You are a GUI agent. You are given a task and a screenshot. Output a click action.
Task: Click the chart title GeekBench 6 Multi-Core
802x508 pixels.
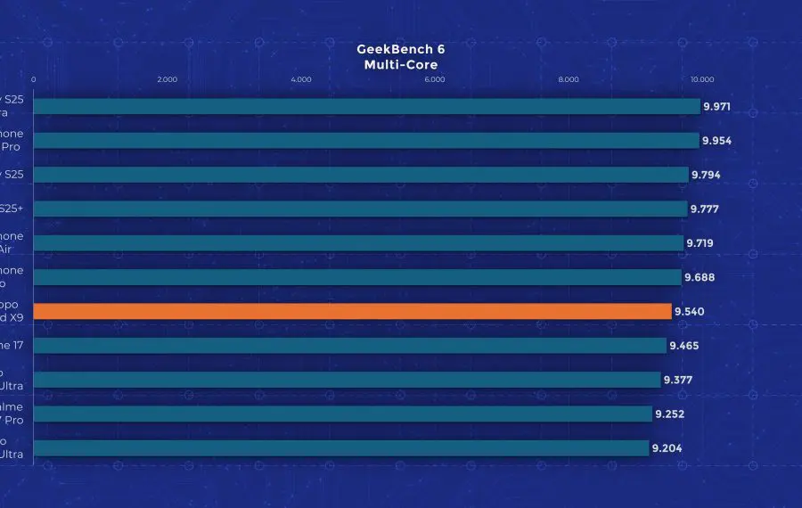coord(400,57)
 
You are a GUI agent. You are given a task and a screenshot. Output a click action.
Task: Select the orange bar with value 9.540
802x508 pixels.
coord(352,311)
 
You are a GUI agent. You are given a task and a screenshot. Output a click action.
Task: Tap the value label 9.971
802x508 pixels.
coord(717,107)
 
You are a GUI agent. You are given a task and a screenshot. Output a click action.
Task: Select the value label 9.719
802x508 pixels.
coord(700,243)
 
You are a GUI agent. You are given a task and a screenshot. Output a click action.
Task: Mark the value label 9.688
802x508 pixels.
coord(700,277)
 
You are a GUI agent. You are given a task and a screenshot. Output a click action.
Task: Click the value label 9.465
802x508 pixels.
coord(683,346)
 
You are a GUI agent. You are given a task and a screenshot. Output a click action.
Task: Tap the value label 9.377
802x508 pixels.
coord(678,380)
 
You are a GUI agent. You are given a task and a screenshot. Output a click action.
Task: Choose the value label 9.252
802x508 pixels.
coord(669,414)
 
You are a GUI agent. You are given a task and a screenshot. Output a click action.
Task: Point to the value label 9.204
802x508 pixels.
coord(667,448)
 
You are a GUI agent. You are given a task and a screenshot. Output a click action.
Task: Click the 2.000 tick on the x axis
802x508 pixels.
coord(167,79)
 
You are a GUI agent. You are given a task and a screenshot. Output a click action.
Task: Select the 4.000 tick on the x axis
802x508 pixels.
coord(301,79)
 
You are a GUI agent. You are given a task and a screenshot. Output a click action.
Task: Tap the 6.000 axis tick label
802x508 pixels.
coord(435,79)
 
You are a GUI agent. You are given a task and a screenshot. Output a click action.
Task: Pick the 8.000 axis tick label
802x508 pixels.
coord(569,79)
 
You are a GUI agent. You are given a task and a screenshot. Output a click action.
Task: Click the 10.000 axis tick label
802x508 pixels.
coord(701,79)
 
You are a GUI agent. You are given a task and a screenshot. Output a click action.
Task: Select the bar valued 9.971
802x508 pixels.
coord(366,107)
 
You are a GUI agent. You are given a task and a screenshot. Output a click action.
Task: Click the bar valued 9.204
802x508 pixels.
coord(340,448)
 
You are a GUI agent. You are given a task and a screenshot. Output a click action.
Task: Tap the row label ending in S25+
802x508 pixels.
coord(11,209)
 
